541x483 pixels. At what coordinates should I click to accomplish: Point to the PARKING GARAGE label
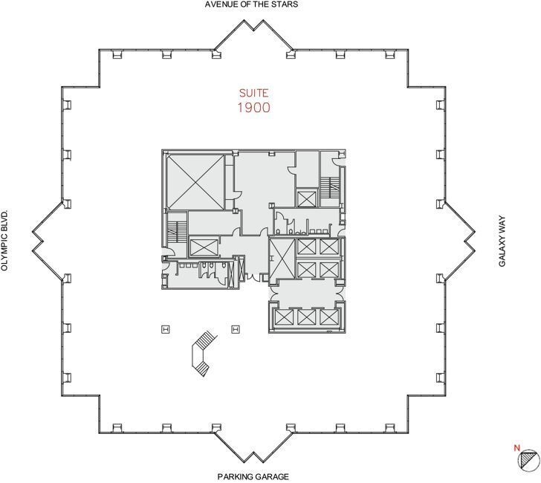coord(253,476)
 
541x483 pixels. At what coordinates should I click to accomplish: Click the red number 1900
coord(253,107)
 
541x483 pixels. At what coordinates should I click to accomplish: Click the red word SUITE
coord(253,94)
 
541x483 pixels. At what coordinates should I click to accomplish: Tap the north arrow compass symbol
coord(527,460)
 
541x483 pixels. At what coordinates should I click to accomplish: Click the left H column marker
coord(166,328)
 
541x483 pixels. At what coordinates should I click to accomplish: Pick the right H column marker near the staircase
coord(236,328)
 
